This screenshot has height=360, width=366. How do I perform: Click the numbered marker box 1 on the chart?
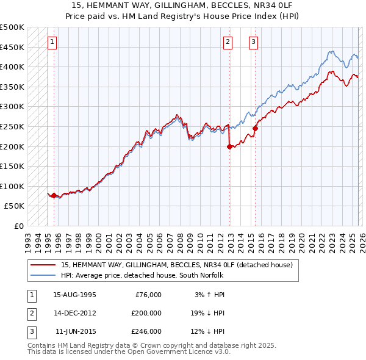(53, 42)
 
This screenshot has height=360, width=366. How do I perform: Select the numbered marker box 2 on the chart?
(228, 42)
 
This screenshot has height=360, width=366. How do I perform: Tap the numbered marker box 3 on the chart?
(253, 42)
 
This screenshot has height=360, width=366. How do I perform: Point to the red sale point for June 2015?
(255, 128)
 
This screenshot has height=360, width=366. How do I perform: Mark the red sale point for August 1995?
(54, 196)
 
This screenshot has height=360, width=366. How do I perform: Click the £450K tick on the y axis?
(12, 47)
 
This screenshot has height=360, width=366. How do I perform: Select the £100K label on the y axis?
(12, 186)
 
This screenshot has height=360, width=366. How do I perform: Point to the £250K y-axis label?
(12, 126)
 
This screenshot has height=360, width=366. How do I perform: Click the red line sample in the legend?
(44, 265)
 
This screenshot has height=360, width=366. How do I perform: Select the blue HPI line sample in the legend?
(44, 275)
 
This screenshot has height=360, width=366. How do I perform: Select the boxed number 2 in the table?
(30, 313)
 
